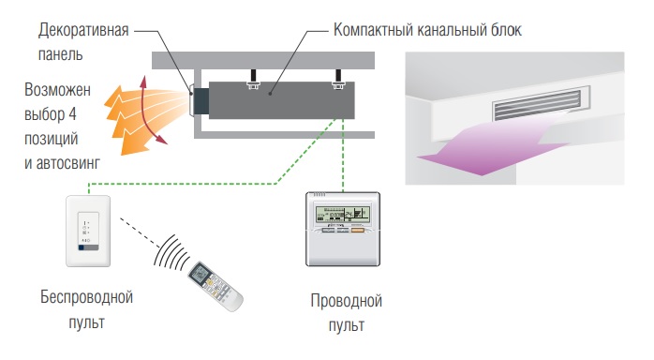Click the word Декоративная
83,30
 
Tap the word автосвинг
68,163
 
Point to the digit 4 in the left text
72,113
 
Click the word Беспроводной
87,297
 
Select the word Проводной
346,301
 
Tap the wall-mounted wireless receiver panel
88,231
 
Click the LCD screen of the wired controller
342,214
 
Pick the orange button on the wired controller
357,230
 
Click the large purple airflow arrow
492,144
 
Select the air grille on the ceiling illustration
537,104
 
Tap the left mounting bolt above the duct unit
253,80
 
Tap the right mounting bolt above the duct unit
338,80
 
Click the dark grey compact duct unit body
281,100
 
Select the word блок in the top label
506,30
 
